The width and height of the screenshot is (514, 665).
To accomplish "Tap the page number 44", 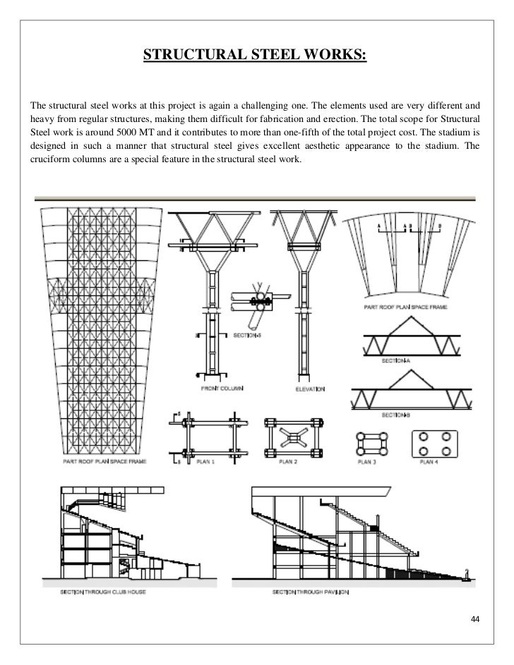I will (474, 619).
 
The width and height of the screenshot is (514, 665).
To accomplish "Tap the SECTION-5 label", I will (247, 336).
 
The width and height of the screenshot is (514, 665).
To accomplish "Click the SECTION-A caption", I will (397, 360).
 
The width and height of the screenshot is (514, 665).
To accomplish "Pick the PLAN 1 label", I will (205, 462).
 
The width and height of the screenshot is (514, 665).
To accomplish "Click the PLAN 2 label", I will (287, 462).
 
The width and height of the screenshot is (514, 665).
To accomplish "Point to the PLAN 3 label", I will (370, 462).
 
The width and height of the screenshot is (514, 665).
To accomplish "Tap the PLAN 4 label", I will (429, 462).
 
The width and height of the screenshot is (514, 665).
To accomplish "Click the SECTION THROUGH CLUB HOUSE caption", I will (103, 592).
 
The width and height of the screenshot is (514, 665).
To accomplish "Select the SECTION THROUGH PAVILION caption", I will (311, 592).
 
